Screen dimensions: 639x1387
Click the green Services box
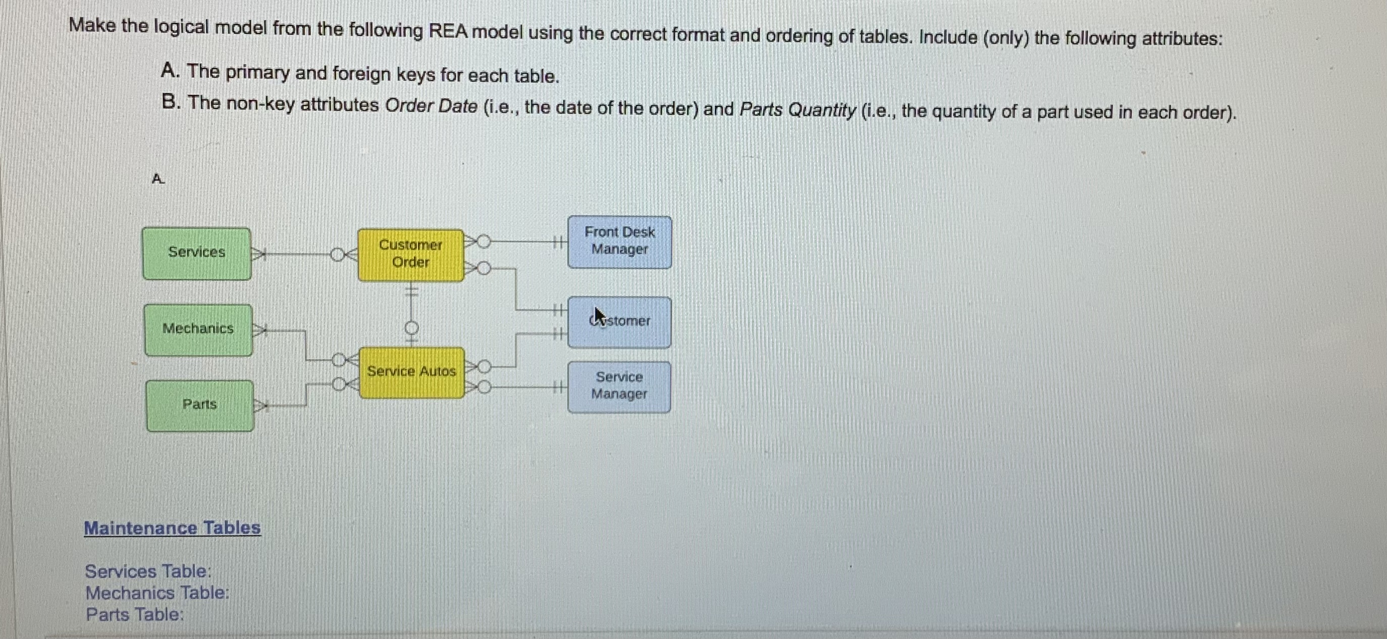pos(196,253)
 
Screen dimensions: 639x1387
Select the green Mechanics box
pos(198,329)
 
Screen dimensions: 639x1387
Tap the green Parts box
pos(200,405)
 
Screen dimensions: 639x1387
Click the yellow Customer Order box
pos(410,254)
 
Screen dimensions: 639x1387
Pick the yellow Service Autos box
pos(411,372)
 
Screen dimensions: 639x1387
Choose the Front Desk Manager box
pos(619,242)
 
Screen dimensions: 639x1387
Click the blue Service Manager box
pos(619,386)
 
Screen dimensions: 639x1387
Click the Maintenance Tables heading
pos(172,527)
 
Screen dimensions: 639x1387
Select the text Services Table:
pos(148,571)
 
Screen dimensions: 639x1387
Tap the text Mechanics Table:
pos(157,593)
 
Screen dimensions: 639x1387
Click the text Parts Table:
pos(135,614)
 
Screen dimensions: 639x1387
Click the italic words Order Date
pos(431,106)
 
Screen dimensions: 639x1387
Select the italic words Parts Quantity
pos(797,110)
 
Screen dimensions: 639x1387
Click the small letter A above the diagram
pos(157,179)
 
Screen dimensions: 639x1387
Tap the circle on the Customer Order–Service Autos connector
pos(411,327)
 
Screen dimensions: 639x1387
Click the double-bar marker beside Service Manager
pos(558,386)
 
